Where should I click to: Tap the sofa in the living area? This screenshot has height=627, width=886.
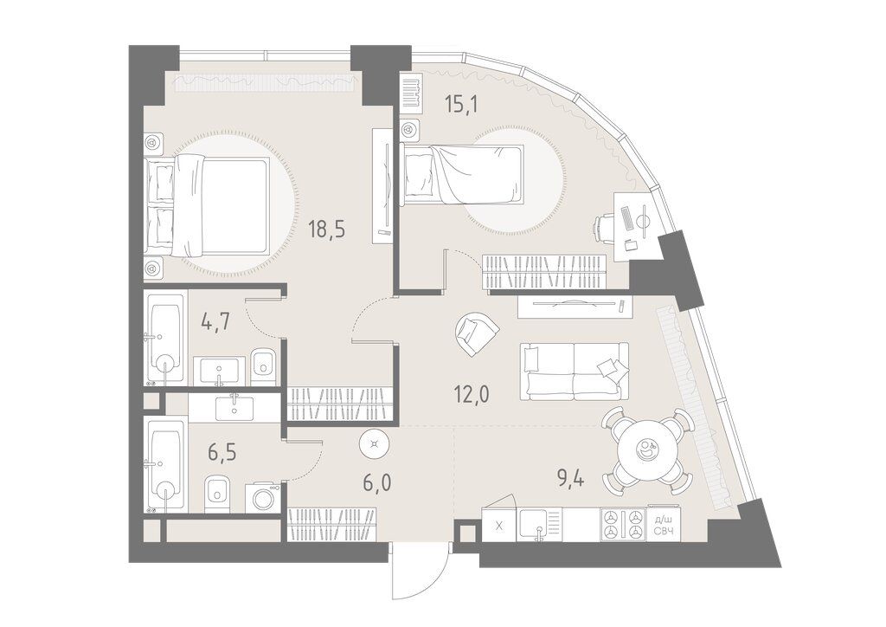[x=574, y=371]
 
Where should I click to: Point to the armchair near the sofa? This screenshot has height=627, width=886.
[x=477, y=333]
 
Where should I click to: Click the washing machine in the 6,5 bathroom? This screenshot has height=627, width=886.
[x=264, y=497]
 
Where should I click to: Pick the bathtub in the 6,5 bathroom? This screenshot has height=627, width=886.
[x=165, y=464]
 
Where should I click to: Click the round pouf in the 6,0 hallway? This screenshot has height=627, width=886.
[x=374, y=444]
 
